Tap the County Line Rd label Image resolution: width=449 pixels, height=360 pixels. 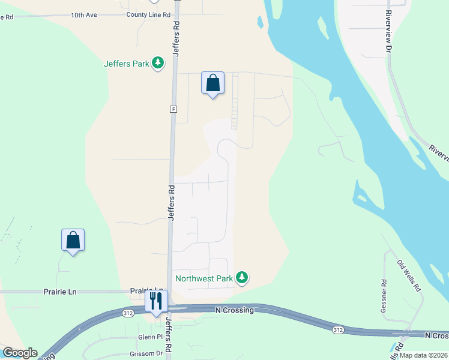(x=148, y=14)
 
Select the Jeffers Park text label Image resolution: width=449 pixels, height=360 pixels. (x=126, y=64)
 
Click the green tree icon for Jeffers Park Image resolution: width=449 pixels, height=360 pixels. (x=158, y=62)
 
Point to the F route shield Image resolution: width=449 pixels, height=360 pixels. (x=173, y=109)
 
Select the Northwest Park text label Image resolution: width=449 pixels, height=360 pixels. (x=203, y=278)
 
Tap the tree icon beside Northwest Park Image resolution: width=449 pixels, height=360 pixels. (x=242, y=277)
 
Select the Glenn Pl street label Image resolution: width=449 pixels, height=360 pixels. (x=151, y=337)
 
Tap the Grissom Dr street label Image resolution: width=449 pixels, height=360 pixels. (x=151, y=353)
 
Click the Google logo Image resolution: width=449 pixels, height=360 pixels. (x=20, y=353)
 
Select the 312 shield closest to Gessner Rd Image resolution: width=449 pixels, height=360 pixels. (x=338, y=329)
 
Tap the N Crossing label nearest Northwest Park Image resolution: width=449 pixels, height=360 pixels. (x=235, y=310)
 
